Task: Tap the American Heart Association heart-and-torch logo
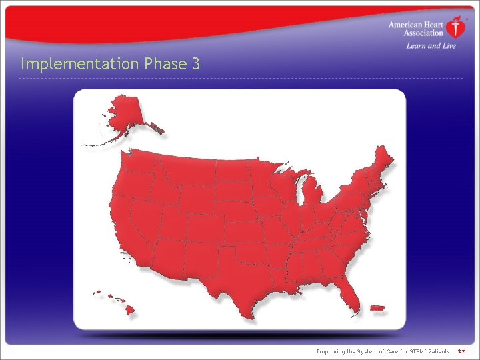[x=456, y=28]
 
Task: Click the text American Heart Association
[x=416, y=29]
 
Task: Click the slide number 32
[x=461, y=351]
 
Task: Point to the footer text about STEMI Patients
[x=383, y=351]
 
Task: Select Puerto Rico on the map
[x=377, y=309]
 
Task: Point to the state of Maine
[x=384, y=163]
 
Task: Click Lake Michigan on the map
[x=301, y=193]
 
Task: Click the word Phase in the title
[x=164, y=64]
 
